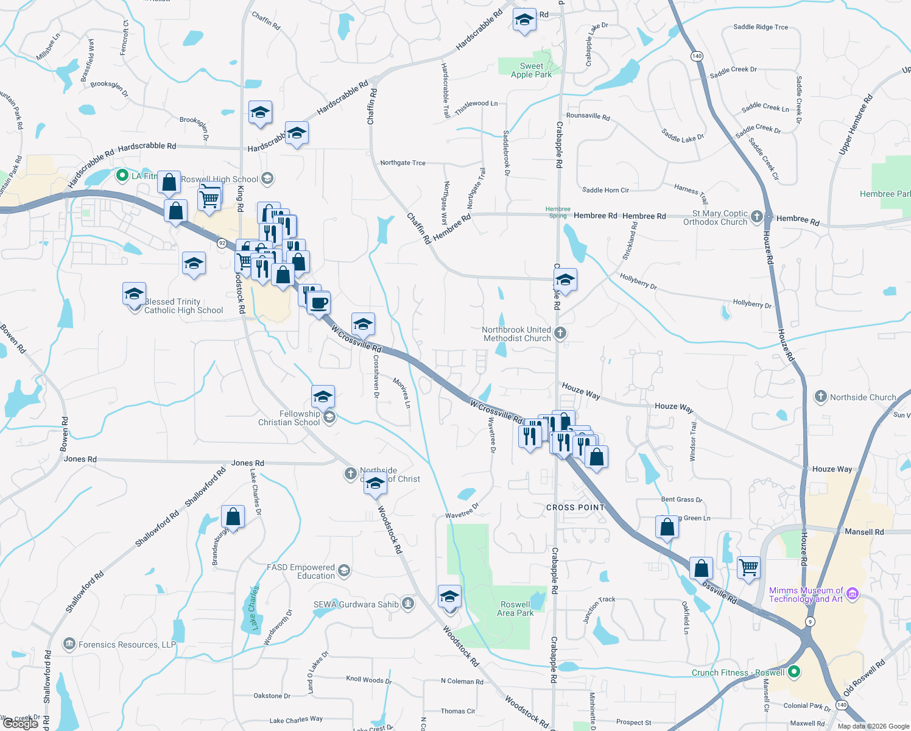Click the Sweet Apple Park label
coord(531,70)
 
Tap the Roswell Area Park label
coord(515,609)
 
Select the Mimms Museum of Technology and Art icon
coord(853,593)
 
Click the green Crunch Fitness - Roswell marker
coord(793,672)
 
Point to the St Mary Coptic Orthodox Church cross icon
coord(756,216)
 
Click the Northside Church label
coord(862,397)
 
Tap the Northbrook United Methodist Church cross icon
coord(560,333)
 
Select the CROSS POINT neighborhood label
coord(575,507)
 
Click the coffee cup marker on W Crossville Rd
coord(318,303)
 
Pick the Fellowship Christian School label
coord(289,418)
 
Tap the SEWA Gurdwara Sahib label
coord(356,604)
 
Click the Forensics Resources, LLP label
coord(127,644)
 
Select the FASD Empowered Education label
coord(301,571)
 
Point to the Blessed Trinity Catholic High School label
coord(183,306)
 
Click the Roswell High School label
coord(219,179)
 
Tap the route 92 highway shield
coord(222,242)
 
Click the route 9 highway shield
coord(809,621)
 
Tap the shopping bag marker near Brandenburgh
coord(233,517)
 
